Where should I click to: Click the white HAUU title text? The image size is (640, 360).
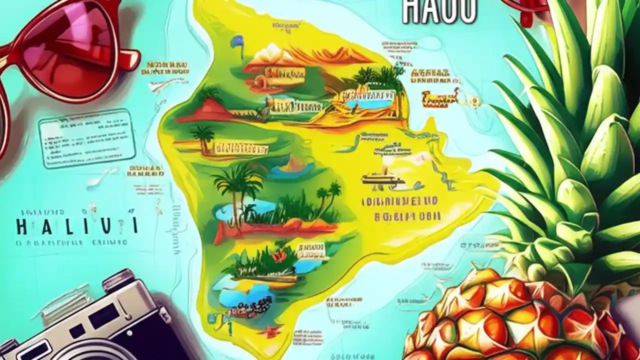[x=439, y=11]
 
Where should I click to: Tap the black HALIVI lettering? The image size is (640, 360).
[x=77, y=226]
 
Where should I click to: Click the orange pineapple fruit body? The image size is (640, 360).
[x=500, y=320]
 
